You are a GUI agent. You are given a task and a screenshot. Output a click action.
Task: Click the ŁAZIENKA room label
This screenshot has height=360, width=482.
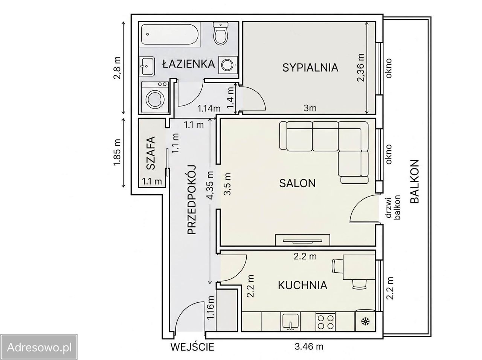[x=188, y=64]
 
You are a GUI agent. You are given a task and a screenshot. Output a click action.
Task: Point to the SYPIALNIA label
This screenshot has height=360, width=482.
[x=310, y=68]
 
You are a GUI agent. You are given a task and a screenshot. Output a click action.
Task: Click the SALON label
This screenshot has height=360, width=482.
[x=297, y=183]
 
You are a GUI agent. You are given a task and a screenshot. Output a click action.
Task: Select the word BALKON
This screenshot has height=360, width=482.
[x=414, y=182]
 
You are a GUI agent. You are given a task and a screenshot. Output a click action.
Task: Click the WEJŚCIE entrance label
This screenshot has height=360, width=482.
[x=192, y=346]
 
